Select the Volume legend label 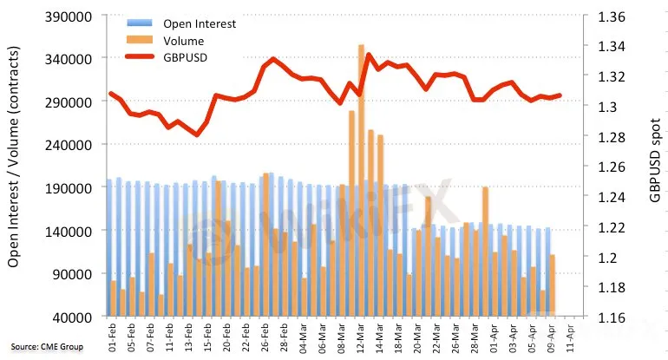click(184, 41)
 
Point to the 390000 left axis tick click(69, 17)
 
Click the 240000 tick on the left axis click(69, 145)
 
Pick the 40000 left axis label click(72, 317)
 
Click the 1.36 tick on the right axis click(612, 17)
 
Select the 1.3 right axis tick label click(607, 107)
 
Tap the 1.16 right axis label click(612, 317)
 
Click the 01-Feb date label click(112, 337)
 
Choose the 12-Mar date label click(360, 337)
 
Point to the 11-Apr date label click(570, 337)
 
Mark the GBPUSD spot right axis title click(655, 160)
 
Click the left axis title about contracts click(14, 157)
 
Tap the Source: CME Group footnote click(47, 347)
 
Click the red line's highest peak click(369, 54)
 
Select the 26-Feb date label click(265, 337)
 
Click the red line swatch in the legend click(140, 56)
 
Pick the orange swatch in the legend click(140, 40)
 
